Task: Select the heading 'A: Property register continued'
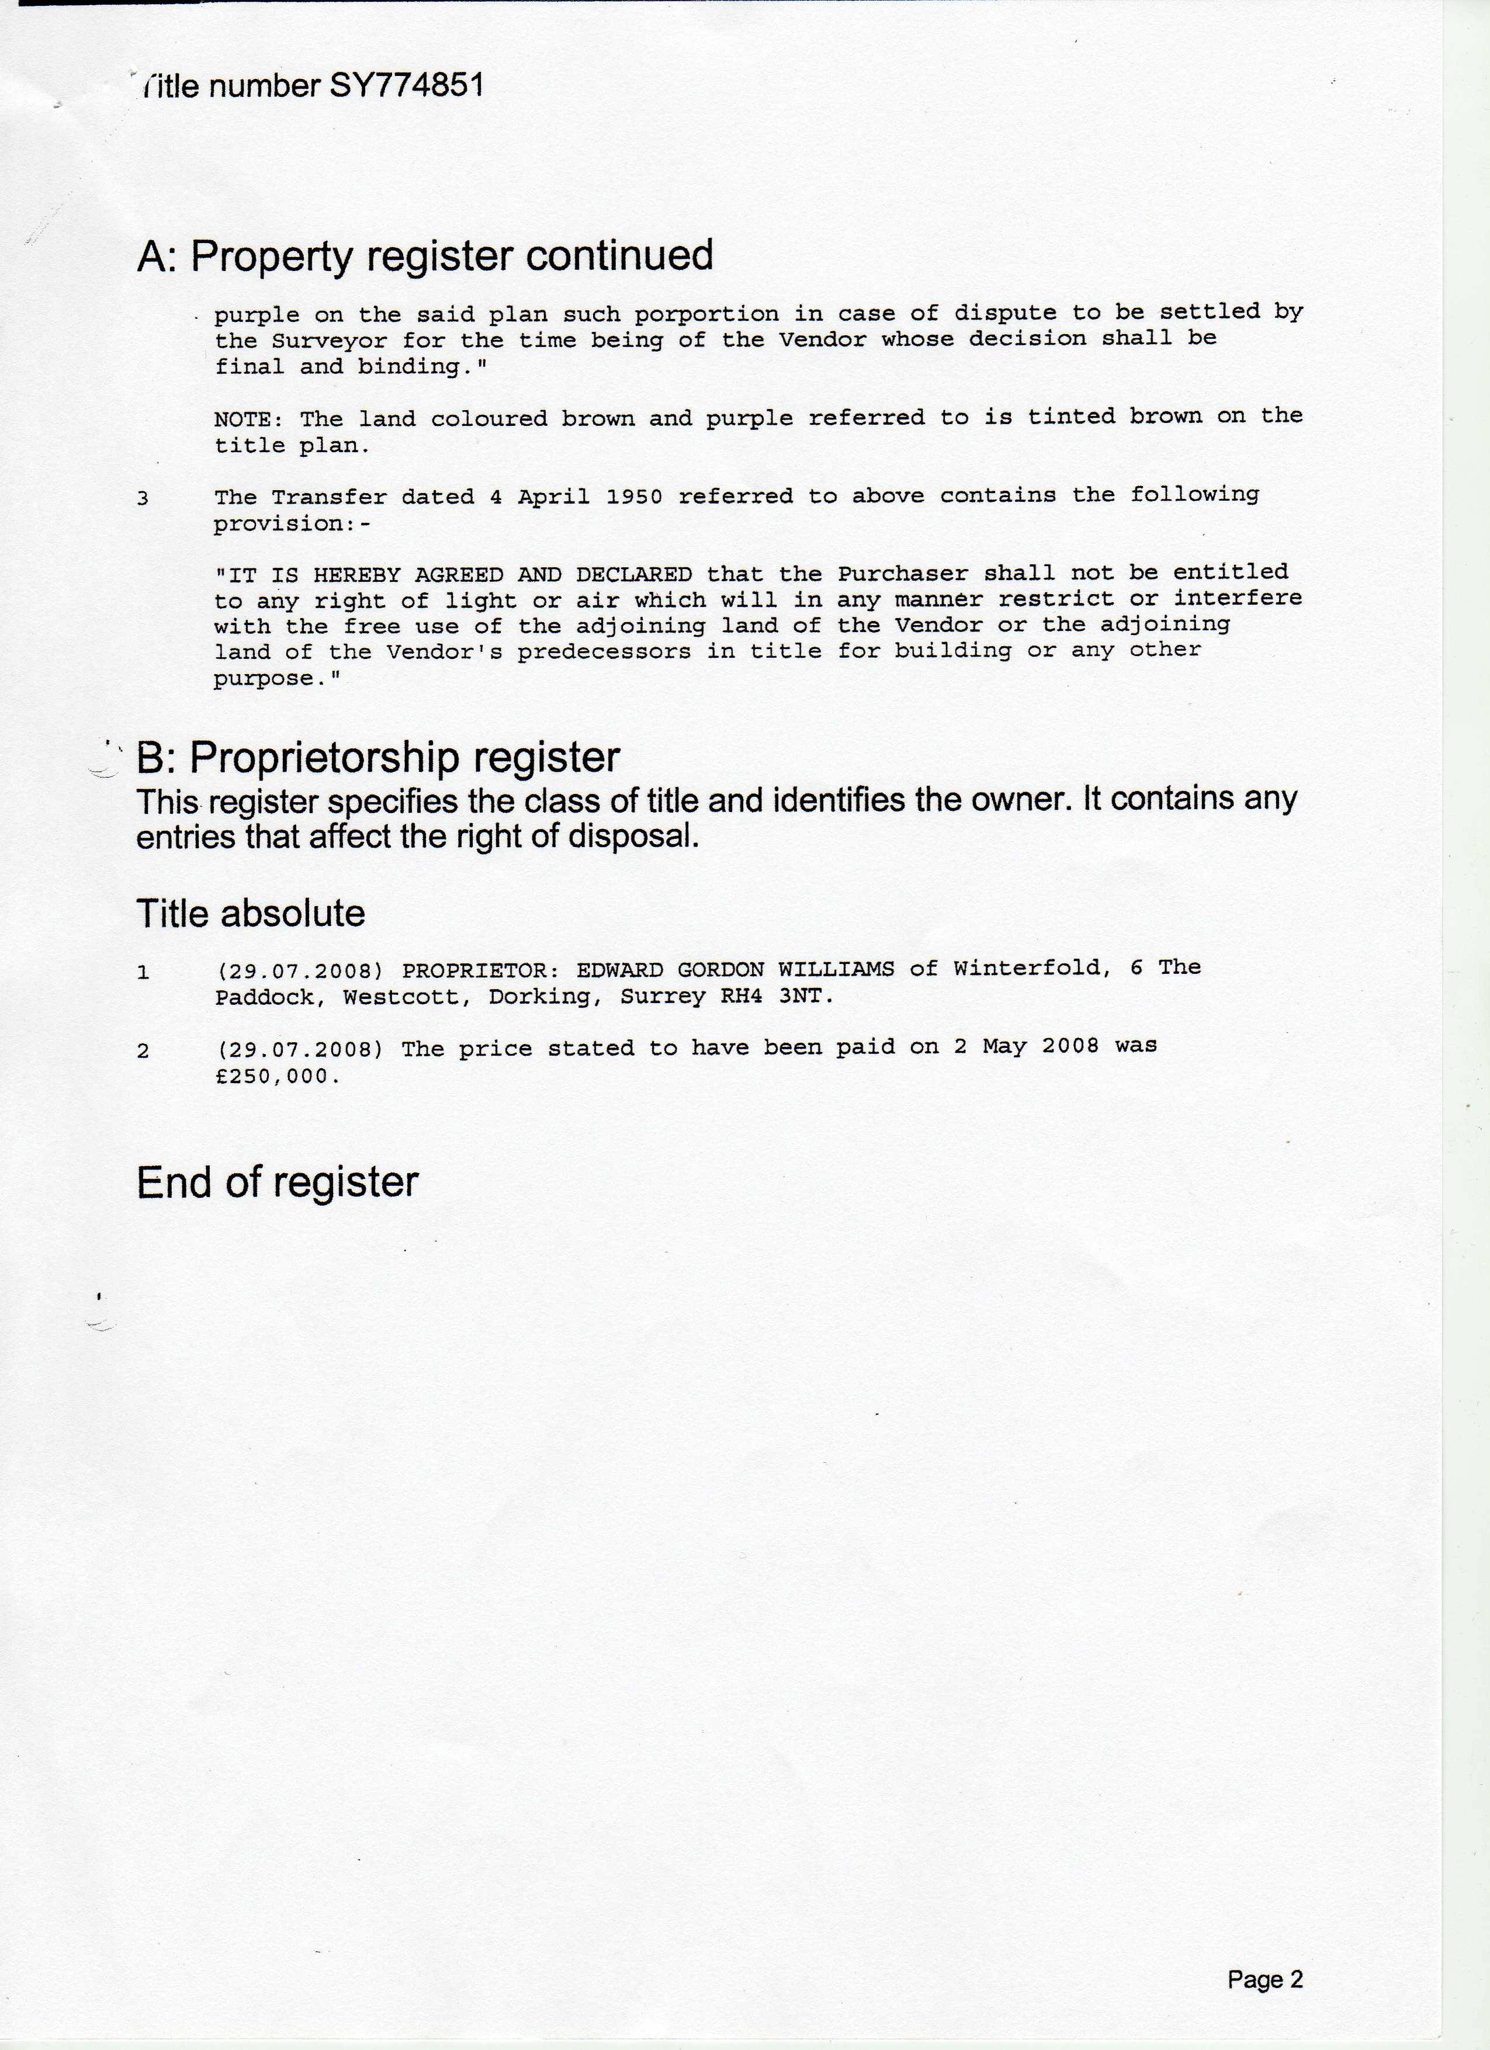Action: click(425, 256)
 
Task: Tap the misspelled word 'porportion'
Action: click(705, 314)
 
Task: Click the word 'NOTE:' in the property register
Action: click(249, 419)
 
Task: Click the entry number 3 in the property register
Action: click(143, 498)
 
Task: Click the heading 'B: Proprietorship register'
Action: click(378, 758)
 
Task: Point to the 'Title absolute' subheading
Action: click(251, 914)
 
